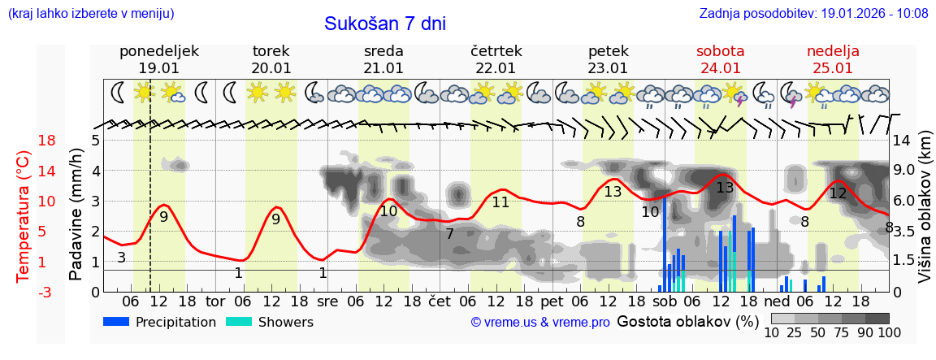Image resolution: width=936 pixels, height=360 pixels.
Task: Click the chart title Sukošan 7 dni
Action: pos(385,24)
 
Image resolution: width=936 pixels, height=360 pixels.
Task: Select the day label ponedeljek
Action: pos(158,51)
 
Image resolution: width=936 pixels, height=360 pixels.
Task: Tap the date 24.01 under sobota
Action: pos(720,68)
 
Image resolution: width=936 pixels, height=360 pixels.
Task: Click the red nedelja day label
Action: pos(833,51)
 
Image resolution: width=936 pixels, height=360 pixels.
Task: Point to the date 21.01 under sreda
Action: pos(383,68)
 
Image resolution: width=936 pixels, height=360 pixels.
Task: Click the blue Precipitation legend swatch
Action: pos(116,322)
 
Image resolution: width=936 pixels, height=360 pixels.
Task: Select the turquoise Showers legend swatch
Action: pos(239,322)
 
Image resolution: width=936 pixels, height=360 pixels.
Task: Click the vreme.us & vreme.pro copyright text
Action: pos(540,323)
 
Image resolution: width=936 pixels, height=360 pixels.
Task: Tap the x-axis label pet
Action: pos(552,301)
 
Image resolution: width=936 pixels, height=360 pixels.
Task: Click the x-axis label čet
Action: pos(439,301)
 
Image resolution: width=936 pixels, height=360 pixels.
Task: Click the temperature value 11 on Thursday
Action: pos(500,202)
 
